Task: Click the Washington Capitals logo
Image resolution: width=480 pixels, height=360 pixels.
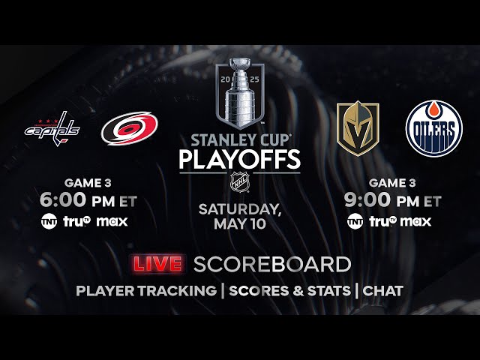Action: tap(52, 128)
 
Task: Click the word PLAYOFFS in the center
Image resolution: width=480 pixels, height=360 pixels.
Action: tap(239, 159)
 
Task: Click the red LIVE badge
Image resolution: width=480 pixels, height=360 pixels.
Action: tap(158, 264)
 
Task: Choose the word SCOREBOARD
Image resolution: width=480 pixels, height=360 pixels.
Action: tap(272, 264)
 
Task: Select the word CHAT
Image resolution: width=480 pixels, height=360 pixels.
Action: tap(383, 291)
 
